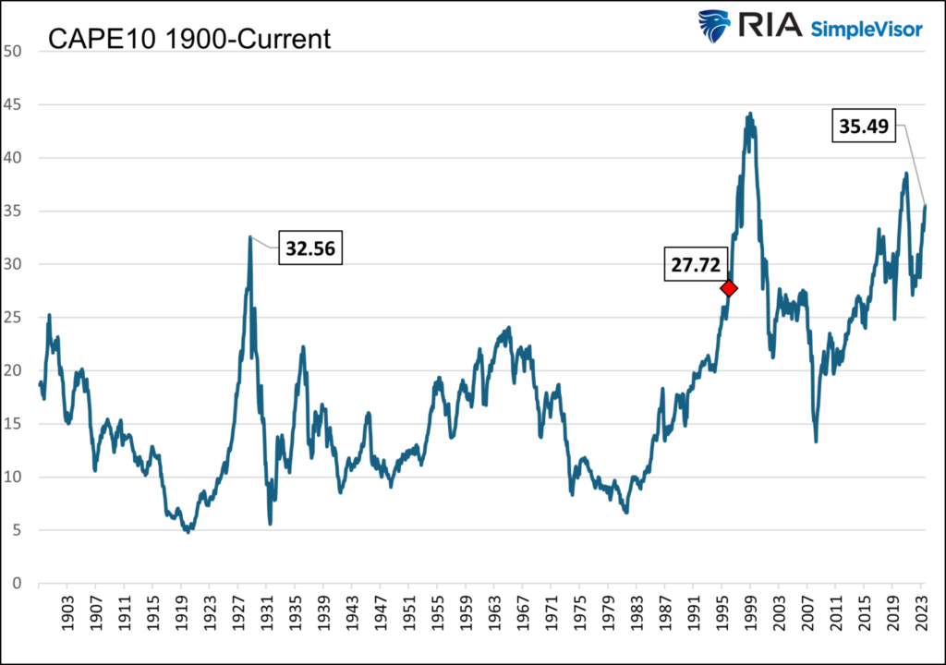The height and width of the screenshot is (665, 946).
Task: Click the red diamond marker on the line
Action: point(729,288)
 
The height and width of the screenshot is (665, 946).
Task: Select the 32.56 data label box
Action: point(310,249)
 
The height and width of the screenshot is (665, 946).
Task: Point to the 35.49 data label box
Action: point(865,127)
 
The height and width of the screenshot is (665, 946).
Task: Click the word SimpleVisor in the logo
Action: point(866,29)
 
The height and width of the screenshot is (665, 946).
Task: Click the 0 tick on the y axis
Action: point(17,584)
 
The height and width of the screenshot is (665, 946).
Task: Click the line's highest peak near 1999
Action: point(749,114)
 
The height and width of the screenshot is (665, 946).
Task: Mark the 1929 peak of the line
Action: point(250,236)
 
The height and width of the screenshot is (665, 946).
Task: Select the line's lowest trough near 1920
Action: point(188,532)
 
